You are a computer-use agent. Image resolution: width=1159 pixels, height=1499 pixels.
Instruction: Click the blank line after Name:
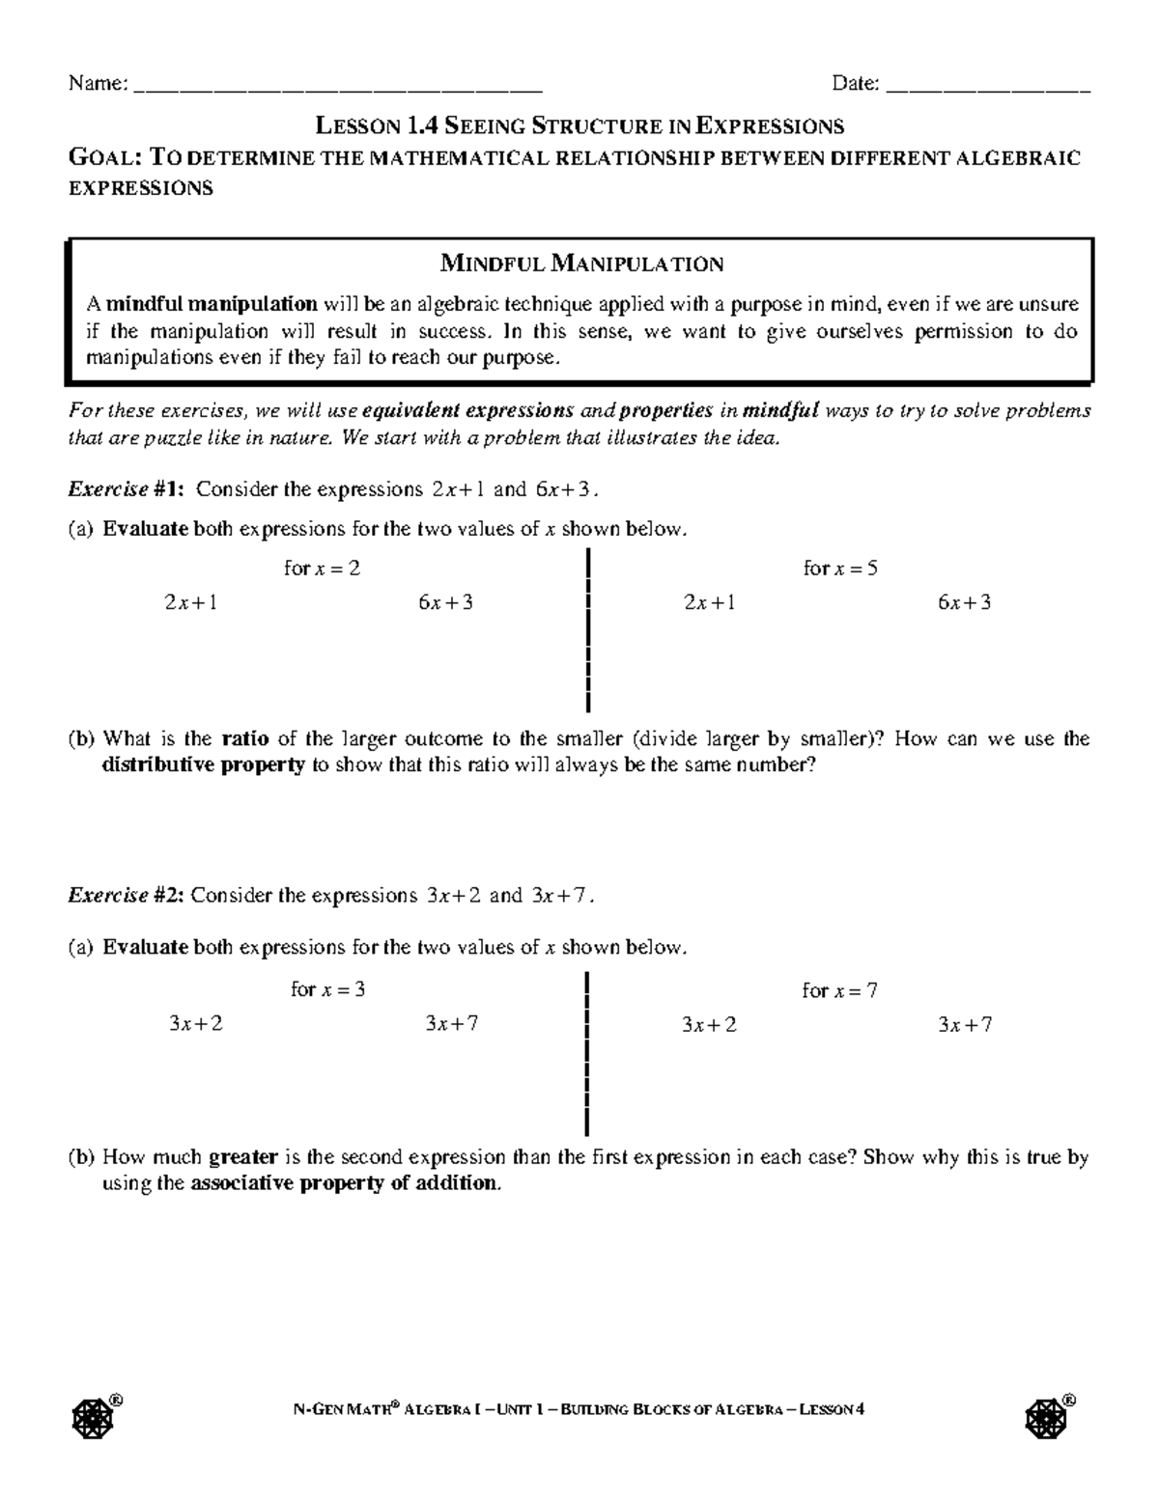click(336, 88)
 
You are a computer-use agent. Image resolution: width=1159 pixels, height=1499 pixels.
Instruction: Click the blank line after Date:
click(987, 88)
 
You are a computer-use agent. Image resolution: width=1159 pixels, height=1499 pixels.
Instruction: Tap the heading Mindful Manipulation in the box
click(581, 264)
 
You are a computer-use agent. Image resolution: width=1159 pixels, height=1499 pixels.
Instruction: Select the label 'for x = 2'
click(322, 569)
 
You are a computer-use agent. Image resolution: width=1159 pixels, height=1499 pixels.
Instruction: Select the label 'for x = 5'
click(840, 569)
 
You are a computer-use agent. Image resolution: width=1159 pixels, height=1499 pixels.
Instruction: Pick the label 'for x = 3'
click(327, 989)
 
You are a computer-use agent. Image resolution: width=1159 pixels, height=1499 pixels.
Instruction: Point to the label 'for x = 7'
click(839, 990)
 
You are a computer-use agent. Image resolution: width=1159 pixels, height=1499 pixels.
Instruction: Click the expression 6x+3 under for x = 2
click(445, 603)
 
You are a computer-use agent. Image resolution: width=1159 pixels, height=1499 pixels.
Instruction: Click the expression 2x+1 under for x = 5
click(709, 603)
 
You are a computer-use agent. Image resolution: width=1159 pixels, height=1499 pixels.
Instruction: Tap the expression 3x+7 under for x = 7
click(964, 1025)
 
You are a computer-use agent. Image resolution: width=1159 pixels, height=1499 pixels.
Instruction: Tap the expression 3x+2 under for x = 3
click(195, 1024)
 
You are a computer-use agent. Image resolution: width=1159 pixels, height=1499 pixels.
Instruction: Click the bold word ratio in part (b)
click(245, 739)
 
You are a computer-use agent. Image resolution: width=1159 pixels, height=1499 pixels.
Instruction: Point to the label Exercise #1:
click(127, 489)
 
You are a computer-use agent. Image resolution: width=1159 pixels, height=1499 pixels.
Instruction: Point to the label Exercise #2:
click(126, 895)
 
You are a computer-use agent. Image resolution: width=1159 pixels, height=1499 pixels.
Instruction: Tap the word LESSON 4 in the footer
click(832, 1409)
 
